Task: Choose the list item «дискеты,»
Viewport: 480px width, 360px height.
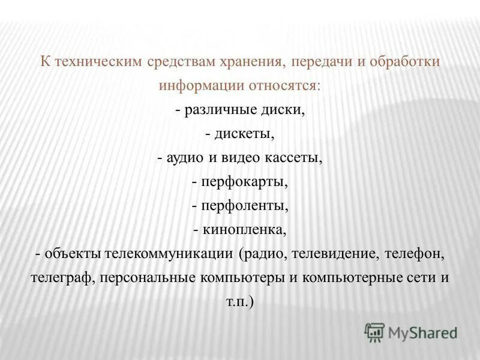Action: point(244,134)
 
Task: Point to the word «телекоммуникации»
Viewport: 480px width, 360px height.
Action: point(169,254)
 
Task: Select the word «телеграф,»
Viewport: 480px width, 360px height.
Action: point(63,278)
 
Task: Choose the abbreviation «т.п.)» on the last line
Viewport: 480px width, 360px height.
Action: point(240,302)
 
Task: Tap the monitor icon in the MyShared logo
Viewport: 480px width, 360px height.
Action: point(375,332)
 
